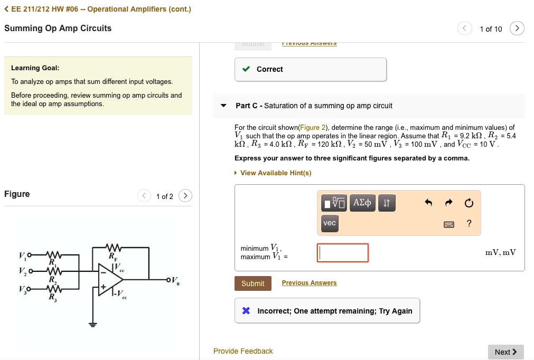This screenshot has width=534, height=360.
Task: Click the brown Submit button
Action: [x=252, y=283]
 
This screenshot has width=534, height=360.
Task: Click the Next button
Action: [x=505, y=352]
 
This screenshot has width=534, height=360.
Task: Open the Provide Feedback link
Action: [x=243, y=351]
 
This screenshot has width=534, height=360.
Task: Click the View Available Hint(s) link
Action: [x=275, y=173]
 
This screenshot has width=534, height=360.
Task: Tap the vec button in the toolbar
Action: [x=330, y=223]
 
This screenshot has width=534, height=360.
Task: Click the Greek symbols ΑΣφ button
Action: [x=362, y=203]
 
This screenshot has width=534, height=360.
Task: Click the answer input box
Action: [x=343, y=253]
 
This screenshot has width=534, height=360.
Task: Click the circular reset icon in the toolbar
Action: [x=469, y=203]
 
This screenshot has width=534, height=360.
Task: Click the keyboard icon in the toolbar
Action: [x=448, y=224]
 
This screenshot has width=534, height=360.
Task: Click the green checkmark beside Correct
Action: [x=246, y=69]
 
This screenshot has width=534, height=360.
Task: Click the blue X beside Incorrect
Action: [x=246, y=311]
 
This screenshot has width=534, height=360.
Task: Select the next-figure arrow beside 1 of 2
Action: [x=185, y=196]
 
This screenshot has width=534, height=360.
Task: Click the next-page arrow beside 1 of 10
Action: [x=517, y=29]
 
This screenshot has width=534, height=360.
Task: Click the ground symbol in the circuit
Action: [x=93, y=324]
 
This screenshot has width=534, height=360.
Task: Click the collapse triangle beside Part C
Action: [x=223, y=106]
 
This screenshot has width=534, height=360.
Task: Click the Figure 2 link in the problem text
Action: [x=313, y=127]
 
